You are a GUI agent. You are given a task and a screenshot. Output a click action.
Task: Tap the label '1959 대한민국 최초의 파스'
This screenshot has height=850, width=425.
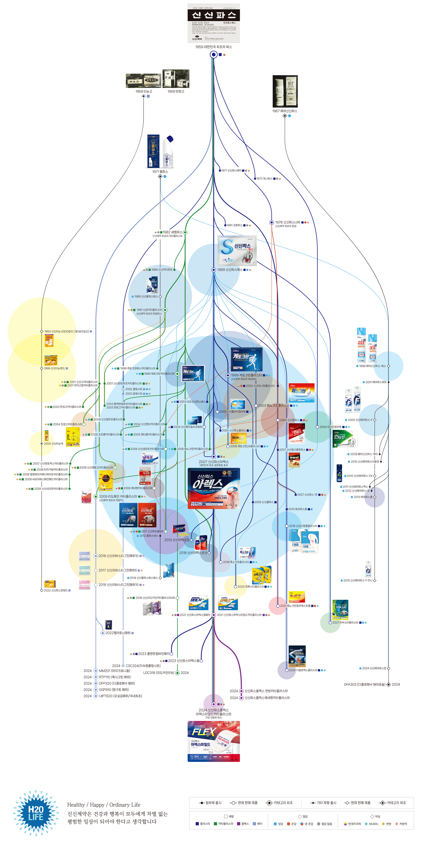213,47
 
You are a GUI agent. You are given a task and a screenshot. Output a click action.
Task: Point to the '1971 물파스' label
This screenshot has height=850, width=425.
160,172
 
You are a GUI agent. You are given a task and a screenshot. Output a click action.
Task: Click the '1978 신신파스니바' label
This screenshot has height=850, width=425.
288,222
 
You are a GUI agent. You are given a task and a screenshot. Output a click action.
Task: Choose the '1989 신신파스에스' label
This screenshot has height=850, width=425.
230,270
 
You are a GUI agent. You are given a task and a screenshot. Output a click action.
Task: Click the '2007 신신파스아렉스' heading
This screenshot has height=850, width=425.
213,462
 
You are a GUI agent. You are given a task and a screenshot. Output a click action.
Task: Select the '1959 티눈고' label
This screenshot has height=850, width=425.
143,91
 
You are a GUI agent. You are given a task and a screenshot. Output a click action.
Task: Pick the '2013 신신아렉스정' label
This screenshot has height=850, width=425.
177,540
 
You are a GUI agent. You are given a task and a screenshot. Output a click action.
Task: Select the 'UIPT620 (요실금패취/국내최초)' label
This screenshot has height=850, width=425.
120,696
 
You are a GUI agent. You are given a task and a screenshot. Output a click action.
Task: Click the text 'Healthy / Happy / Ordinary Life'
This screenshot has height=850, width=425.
104,805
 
